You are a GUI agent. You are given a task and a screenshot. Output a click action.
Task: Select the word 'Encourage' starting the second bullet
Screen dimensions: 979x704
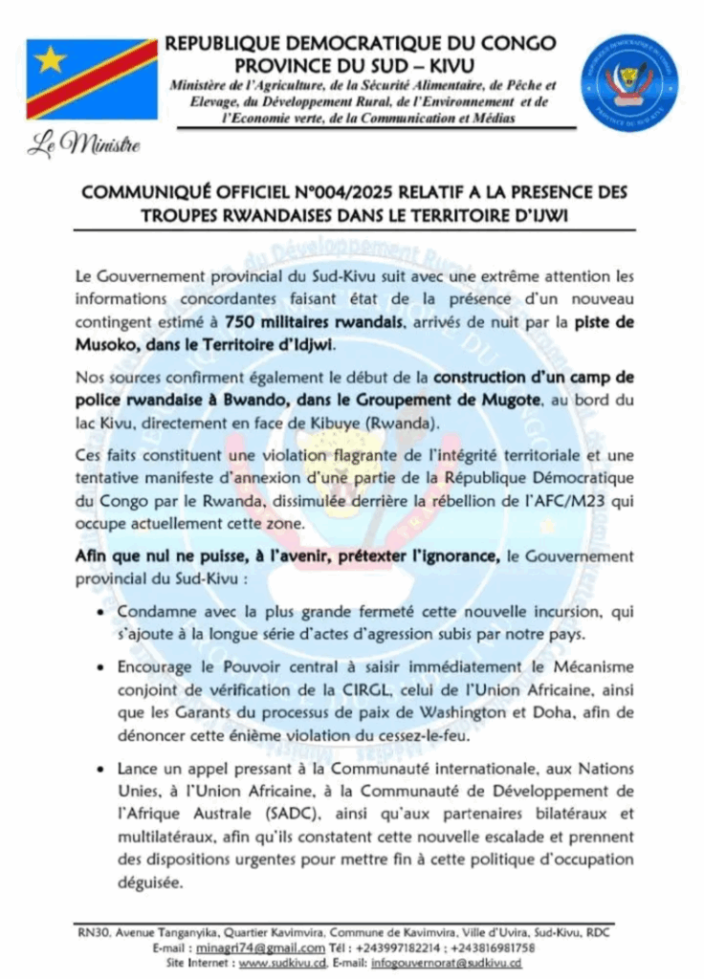pos(158,666)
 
